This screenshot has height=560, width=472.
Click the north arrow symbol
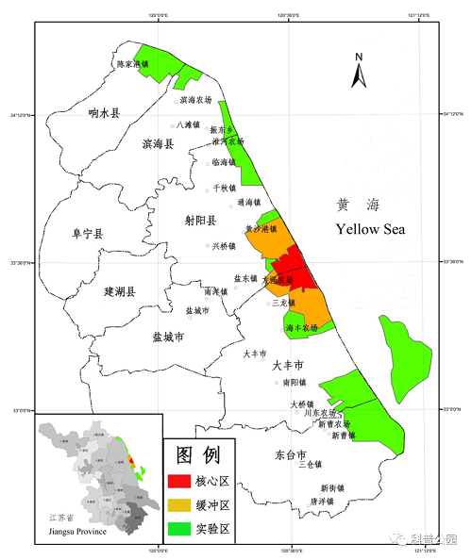coord(359,71)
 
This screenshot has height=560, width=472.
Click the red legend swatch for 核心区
coord(178,481)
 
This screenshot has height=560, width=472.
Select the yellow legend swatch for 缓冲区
coord(178,504)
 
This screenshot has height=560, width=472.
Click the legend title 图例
coord(199,455)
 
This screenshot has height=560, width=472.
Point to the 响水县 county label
coord(104,113)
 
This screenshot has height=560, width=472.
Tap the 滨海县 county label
coord(158,144)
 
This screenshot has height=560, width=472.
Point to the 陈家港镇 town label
coord(133,64)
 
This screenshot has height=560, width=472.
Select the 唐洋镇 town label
coord(329,502)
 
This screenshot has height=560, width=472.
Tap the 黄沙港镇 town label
coord(261,229)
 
